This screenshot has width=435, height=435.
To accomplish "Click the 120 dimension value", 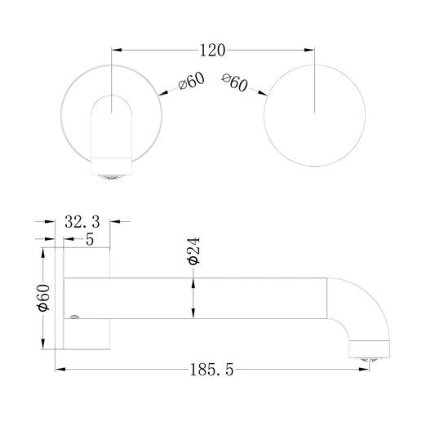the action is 212,51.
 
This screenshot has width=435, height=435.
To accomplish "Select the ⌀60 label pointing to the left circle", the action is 192,81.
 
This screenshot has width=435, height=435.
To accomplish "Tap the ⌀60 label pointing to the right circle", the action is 234,82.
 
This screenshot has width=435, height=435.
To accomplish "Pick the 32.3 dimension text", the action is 82,222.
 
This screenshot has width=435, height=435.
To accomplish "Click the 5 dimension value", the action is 90,239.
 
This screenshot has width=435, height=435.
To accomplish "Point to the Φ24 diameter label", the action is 193,251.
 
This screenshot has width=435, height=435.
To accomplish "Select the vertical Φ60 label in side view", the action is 44,298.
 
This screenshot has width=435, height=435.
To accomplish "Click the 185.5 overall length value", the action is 211,370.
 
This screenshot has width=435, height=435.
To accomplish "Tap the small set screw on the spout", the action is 74,317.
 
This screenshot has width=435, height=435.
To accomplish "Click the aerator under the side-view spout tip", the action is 369,360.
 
